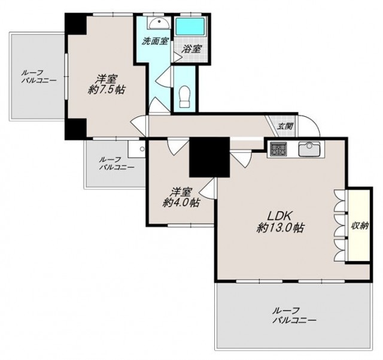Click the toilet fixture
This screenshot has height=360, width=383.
[x=185, y=96]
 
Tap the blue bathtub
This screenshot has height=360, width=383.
[x=190, y=27]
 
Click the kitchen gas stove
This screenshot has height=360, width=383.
[x=278, y=149]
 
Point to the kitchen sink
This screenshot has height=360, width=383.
[x=309, y=149]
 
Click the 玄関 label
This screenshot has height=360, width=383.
[x=285, y=126]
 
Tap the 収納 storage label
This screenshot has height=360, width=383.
[x=360, y=226]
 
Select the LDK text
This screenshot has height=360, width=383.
[x=280, y=216]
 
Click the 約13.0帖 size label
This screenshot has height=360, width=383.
[x=280, y=228]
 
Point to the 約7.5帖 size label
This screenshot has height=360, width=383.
[x=107, y=90]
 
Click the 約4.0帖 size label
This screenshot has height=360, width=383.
[x=181, y=202]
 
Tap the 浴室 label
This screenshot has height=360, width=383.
[x=191, y=49]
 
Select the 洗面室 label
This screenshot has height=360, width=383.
[x=155, y=41]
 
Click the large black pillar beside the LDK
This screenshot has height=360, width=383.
[x=209, y=158]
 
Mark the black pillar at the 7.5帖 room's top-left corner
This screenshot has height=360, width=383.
[x=75, y=24]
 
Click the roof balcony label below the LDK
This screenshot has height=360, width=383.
[x=294, y=316]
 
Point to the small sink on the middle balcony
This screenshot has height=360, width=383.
[x=136, y=149]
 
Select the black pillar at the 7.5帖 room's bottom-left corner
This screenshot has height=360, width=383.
[x=75, y=129]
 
